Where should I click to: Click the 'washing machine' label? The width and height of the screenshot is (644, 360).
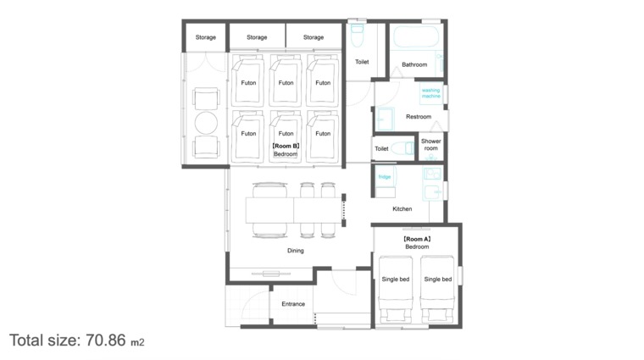[430, 93]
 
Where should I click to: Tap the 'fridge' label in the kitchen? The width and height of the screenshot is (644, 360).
[385, 177]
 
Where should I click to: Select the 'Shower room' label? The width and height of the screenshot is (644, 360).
[430, 145]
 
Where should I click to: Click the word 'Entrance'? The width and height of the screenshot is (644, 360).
[293, 304]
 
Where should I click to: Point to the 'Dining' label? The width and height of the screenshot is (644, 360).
[295, 251]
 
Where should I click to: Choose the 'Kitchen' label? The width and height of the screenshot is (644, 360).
[402, 209]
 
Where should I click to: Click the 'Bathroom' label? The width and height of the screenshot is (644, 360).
[414, 64]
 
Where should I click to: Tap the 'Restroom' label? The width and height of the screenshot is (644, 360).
[419, 117]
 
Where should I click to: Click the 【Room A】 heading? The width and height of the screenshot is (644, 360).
[417, 239]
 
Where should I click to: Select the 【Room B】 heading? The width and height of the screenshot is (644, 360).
[286, 146]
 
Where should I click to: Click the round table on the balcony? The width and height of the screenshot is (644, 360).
[206, 123]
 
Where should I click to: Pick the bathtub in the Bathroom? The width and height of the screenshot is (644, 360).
[416, 37]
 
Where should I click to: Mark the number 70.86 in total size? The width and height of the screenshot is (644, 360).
[106, 341]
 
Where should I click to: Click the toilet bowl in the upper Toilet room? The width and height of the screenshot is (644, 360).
[358, 35]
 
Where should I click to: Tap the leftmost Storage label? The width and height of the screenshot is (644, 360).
[205, 37]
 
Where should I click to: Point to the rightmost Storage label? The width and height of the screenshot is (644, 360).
[314, 37]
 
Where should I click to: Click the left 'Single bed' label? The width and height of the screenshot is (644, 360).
[396, 280]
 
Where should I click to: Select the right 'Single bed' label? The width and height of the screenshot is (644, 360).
[438, 280]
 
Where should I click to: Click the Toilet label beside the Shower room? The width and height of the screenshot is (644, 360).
[381, 148]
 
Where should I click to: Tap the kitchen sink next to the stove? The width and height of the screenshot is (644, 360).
[432, 191]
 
